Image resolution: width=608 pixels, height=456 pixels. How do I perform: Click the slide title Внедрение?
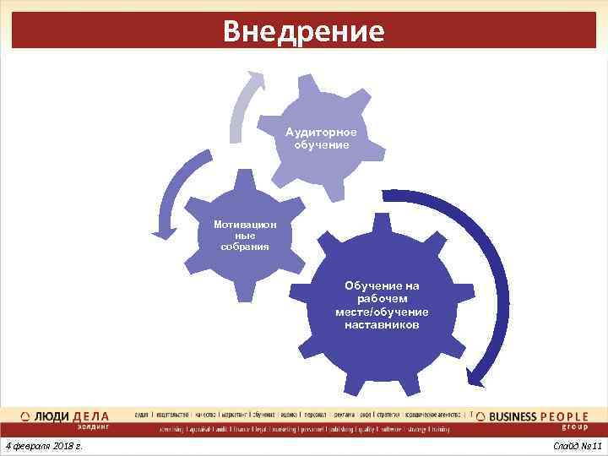pyautogui.click(x=304, y=30)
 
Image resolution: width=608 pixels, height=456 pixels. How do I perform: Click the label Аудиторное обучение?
pyautogui.click(x=321, y=138)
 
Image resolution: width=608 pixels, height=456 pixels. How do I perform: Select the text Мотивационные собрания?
pyautogui.click(x=245, y=236)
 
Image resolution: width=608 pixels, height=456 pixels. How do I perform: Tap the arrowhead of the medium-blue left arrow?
pyautogui.click(x=158, y=228)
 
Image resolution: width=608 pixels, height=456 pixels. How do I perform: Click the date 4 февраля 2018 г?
pyautogui.click(x=43, y=445)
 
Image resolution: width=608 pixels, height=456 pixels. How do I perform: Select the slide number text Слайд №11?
pyautogui.click(x=576, y=445)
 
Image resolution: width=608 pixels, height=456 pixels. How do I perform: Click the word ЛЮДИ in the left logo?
pyautogui.click(x=52, y=416)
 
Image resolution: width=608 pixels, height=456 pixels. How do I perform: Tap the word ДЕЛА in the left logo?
pyautogui.click(x=91, y=416)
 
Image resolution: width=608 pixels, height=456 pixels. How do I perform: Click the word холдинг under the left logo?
pyautogui.click(x=93, y=427)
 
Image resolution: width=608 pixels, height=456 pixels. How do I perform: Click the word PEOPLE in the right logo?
pyautogui.click(x=565, y=416)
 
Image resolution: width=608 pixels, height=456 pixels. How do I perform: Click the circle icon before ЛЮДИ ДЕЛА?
pyautogui.click(x=25, y=417)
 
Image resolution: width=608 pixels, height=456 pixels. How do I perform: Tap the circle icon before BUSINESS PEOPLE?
pyautogui.click(x=481, y=417)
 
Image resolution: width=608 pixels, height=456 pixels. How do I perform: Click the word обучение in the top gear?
pyautogui.click(x=321, y=144)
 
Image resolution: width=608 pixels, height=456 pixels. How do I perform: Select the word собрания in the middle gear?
pyautogui.click(x=245, y=247)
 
